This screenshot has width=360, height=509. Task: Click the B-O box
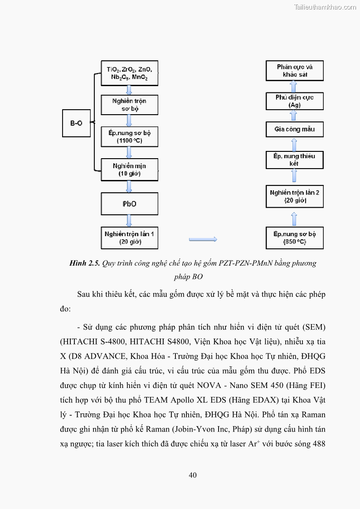tap(76, 123)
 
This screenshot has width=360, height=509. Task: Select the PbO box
tap(129, 204)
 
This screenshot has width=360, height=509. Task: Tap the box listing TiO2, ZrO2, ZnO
tap(129, 73)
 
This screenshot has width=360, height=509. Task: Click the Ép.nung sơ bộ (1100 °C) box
tap(129, 136)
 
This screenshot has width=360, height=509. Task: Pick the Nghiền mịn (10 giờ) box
tap(129, 170)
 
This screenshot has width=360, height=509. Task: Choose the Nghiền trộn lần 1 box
tap(129, 238)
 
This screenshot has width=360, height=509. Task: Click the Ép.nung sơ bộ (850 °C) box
tap(294, 238)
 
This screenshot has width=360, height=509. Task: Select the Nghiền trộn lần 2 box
tap(294, 196)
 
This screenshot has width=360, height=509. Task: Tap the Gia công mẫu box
tap(294, 129)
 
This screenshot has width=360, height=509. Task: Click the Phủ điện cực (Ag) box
tap(294, 101)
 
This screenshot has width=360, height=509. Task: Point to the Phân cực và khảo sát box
tap(294, 71)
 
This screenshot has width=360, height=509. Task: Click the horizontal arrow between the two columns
tap(203, 239)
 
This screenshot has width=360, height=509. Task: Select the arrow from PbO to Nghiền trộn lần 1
tap(129, 221)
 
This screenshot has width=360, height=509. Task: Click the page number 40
tap(193, 475)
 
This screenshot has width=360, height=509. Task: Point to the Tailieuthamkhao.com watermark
tap(325, 7)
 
